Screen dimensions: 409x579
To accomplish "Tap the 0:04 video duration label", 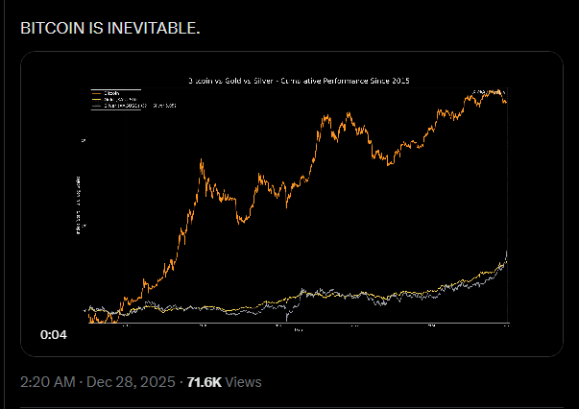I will tap(53, 335).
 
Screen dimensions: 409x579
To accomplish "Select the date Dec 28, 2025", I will tap(129, 382).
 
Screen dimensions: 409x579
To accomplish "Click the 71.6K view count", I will tap(204, 382).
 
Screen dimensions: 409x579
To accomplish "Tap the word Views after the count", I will tap(244, 382).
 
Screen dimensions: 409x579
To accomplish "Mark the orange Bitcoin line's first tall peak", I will tap(202, 161).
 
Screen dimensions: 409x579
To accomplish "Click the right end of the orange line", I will tap(506, 102).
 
